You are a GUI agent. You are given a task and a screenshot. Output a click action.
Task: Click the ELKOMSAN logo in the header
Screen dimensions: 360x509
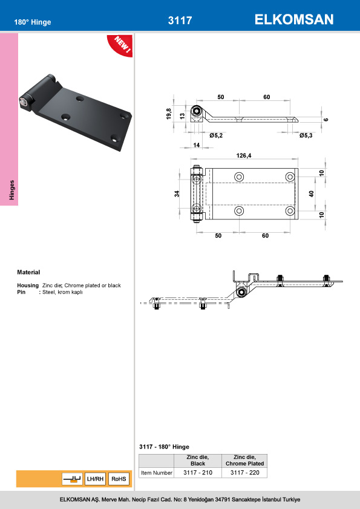pyautogui.click(x=294, y=20)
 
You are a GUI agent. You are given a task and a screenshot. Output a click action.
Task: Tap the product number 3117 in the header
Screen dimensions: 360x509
pyautogui.click(x=180, y=21)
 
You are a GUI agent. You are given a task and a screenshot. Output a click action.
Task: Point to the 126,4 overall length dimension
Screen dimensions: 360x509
pyautogui.click(x=244, y=155)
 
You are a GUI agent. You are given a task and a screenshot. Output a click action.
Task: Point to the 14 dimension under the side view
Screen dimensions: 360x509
pyautogui.click(x=196, y=145)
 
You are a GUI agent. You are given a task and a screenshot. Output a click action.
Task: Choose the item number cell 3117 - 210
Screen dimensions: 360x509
pyautogui.click(x=198, y=473)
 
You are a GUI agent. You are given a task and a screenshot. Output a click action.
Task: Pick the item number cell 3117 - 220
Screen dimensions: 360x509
pyautogui.click(x=245, y=473)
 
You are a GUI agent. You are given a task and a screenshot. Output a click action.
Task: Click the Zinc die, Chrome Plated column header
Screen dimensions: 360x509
pyautogui.click(x=245, y=460)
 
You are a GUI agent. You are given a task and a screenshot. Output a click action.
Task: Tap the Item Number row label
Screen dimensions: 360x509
pyautogui.click(x=156, y=473)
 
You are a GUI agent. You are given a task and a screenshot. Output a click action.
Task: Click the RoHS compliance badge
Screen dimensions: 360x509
pyautogui.click(x=119, y=479)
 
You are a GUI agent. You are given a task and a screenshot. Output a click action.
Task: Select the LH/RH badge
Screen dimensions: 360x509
pyautogui.click(x=95, y=479)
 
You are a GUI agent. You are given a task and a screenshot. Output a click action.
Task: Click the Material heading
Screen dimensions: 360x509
pyautogui.click(x=28, y=272)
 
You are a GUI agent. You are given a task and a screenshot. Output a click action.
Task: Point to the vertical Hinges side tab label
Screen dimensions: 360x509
pyautogui.click(x=11, y=190)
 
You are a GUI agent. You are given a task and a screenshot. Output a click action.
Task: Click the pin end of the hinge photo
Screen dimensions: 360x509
pyautogui.click(x=24, y=104)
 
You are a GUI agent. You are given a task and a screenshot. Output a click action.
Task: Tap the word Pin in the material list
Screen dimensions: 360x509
pyautogui.click(x=21, y=292)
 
